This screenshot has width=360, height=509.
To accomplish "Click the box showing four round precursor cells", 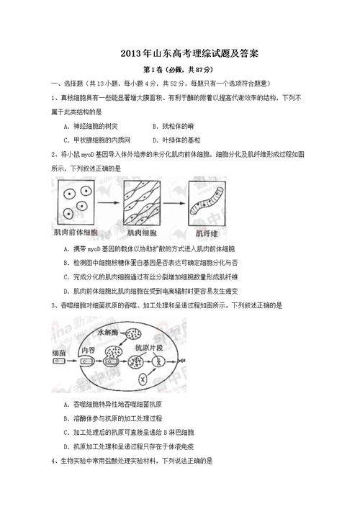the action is (77, 204).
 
